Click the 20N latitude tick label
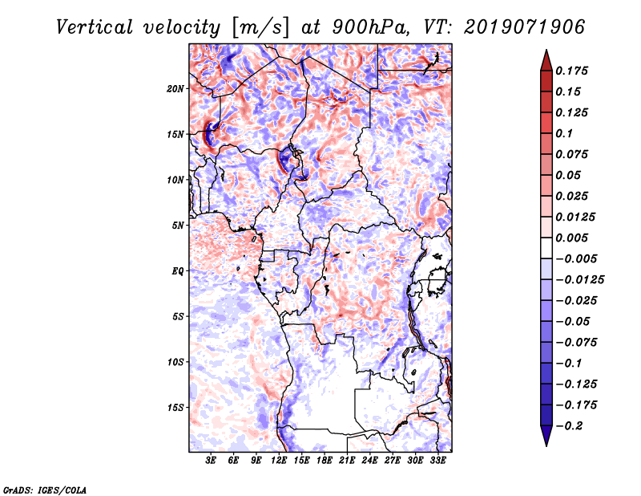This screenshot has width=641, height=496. [x=175, y=88]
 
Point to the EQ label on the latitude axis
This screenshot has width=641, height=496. [x=178, y=270]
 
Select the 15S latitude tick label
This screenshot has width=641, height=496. [x=175, y=407]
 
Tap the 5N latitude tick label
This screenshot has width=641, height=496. [x=177, y=225]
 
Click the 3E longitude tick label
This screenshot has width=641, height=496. [x=212, y=460]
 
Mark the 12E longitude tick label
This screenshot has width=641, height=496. [x=280, y=460]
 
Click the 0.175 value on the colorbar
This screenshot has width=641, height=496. [x=573, y=71]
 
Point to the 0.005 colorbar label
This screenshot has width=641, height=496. [x=573, y=238]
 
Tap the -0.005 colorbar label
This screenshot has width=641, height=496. [x=576, y=258]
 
